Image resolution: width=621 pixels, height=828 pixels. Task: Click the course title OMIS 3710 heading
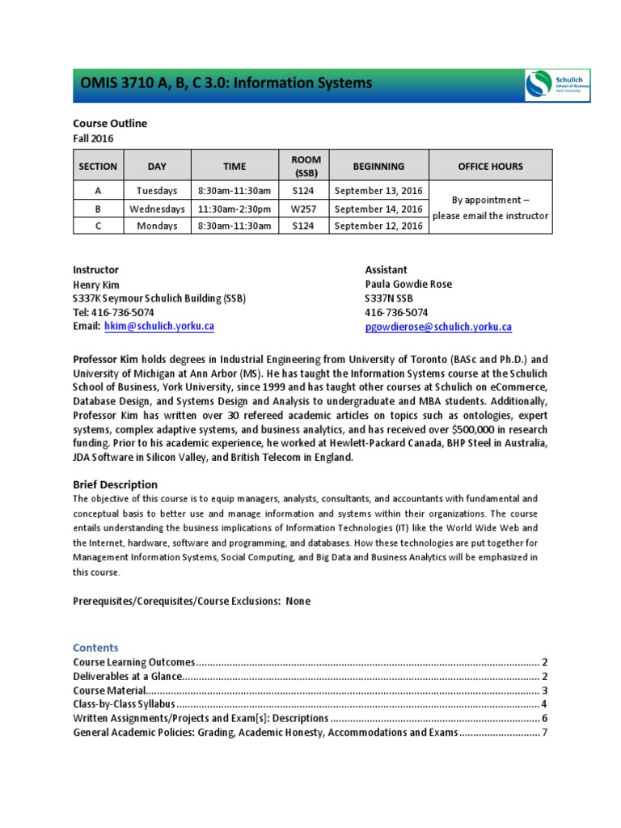tap(226, 83)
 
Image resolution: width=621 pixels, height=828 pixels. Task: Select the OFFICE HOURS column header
tap(490, 167)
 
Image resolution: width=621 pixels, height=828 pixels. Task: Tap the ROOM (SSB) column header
tap(306, 167)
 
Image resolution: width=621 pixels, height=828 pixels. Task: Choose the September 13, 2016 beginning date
tap(378, 191)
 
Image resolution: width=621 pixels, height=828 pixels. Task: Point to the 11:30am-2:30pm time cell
tap(234, 209)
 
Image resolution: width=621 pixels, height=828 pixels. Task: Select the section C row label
tap(97, 226)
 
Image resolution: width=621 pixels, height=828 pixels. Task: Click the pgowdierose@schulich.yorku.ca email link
tap(438, 327)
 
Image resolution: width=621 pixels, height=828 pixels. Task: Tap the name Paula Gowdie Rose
tap(408, 284)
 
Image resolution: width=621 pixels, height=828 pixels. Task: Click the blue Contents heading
tap(95, 648)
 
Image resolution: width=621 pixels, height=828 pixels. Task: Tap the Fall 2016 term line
tap(93, 138)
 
